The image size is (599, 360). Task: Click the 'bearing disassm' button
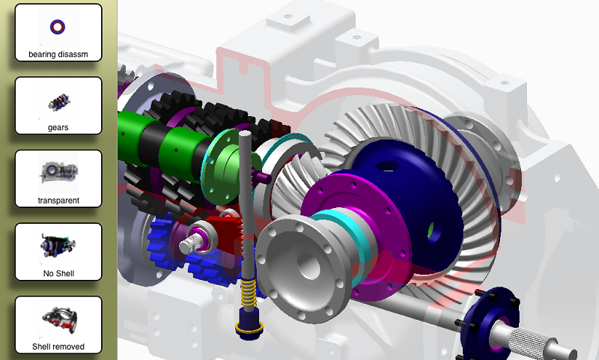pyautogui.click(x=58, y=32)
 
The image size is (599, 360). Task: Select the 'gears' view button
pyautogui.click(x=58, y=106)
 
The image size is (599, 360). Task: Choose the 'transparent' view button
pyautogui.click(x=58, y=179)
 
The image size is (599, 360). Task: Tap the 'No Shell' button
pyautogui.click(x=58, y=251)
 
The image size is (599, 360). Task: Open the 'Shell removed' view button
pyautogui.click(x=58, y=325)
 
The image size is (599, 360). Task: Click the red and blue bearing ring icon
pyautogui.click(x=58, y=27)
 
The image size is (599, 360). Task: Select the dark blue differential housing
pyautogui.click(x=413, y=198)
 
